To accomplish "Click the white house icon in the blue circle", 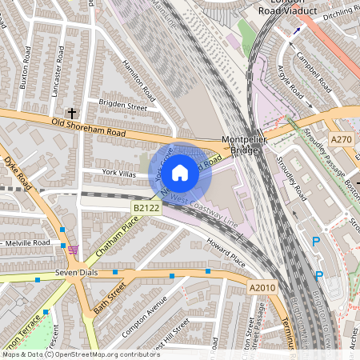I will point(180,172).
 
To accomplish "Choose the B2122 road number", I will point(146,208).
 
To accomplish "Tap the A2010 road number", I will point(262,287).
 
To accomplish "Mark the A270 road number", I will point(342,138).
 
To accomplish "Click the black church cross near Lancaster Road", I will point(72,114).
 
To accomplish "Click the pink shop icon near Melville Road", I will point(74,250).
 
